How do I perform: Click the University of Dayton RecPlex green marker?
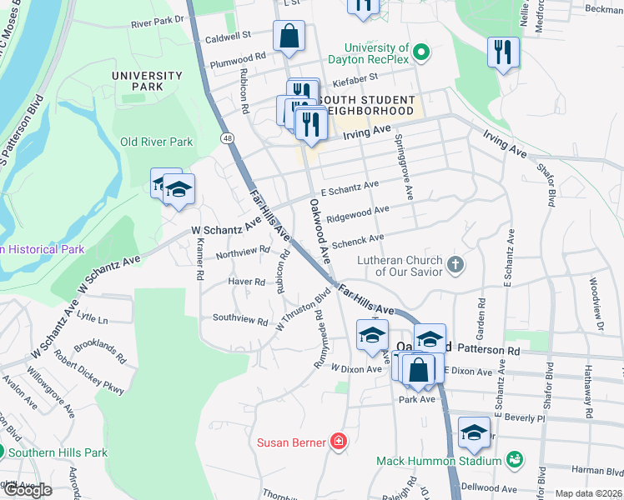[x=421, y=54]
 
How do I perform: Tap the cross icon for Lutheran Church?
[x=455, y=266]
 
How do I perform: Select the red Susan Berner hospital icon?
[x=338, y=442]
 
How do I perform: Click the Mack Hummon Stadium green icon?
[x=515, y=459]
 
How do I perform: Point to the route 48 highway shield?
[x=227, y=137]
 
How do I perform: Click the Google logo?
[x=27, y=490]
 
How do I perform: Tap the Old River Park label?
[x=157, y=142]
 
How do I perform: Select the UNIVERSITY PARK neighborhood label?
[x=147, y=82]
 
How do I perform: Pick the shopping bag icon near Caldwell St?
[x=289, y=37]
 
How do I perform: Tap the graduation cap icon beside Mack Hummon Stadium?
[x=474, y=433]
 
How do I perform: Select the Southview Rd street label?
[x=239, y=319]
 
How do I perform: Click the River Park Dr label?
[x=156, y=23]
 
